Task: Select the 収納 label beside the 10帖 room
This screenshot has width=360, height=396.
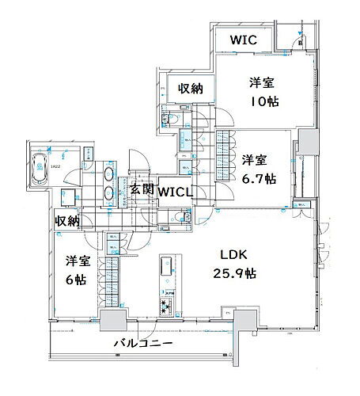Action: pos(190,89)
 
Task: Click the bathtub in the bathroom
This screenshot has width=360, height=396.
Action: pos(38,168)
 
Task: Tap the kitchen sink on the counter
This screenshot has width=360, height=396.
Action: pos(168,265)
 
